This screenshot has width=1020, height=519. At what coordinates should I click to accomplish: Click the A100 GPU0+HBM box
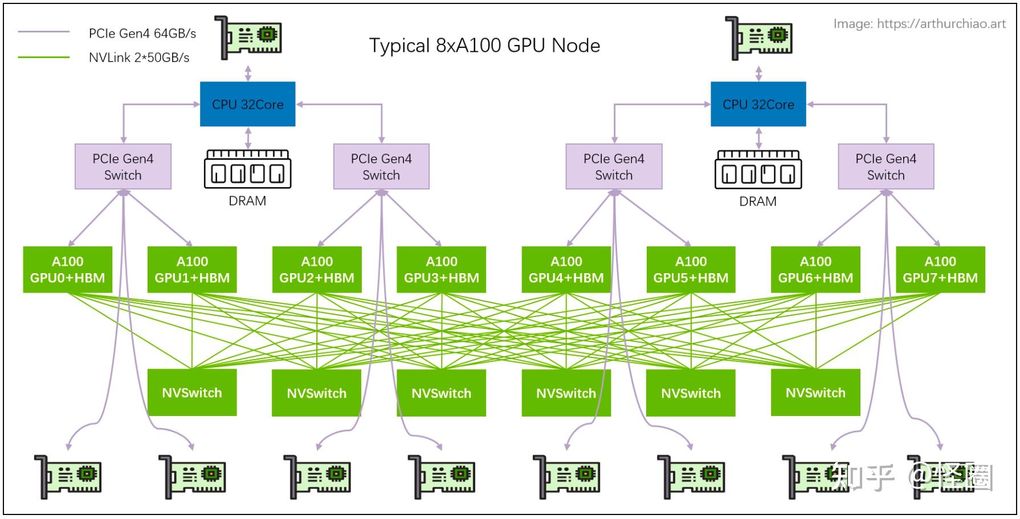[67, 270]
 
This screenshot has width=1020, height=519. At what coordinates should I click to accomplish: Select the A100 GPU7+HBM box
[940, 270]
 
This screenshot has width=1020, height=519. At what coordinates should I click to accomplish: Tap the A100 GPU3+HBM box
[441, 270]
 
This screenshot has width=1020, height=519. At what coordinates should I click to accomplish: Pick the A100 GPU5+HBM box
[691, 270]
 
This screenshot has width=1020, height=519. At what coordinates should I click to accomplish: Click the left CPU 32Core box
[247, 104]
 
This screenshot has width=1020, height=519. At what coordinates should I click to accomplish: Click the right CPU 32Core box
[758, 104]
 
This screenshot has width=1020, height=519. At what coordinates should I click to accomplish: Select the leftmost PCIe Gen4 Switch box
[123, 166]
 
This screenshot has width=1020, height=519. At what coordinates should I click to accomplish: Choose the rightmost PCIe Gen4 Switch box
[886, 166]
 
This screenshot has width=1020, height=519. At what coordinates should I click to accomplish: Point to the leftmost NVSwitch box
[192, 393]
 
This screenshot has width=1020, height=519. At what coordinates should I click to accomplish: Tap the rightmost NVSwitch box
[815, 393]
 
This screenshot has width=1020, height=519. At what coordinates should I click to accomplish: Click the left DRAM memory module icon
[247, 170]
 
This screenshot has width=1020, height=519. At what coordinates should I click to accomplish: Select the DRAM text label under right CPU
[757, 201]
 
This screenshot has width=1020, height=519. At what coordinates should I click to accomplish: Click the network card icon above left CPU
[248, 38]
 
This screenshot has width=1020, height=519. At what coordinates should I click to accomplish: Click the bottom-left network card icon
[68, 477]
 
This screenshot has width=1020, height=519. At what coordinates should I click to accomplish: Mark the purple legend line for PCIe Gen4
[44, 32]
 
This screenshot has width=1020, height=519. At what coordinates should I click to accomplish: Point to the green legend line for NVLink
[44, 57]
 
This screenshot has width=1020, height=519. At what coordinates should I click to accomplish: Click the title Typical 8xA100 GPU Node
[484, 46]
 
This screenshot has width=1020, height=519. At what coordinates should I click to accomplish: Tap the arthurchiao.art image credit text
[919, 23]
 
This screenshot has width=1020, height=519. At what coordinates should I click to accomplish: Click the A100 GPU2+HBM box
[317, 270]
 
